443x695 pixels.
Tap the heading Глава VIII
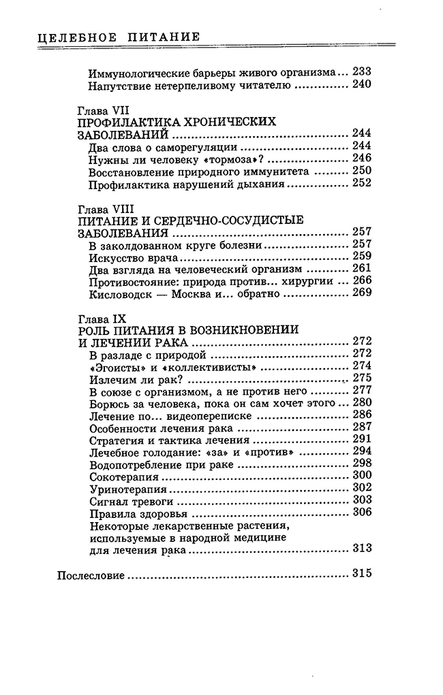click(102, 207)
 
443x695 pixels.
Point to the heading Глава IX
click(100, 317)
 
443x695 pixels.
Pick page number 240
click(361, 85)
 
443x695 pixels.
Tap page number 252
click(361, 183)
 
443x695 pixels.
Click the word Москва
click(201, 293)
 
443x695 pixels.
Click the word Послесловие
click(89, 575)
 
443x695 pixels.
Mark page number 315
click(361, 574)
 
